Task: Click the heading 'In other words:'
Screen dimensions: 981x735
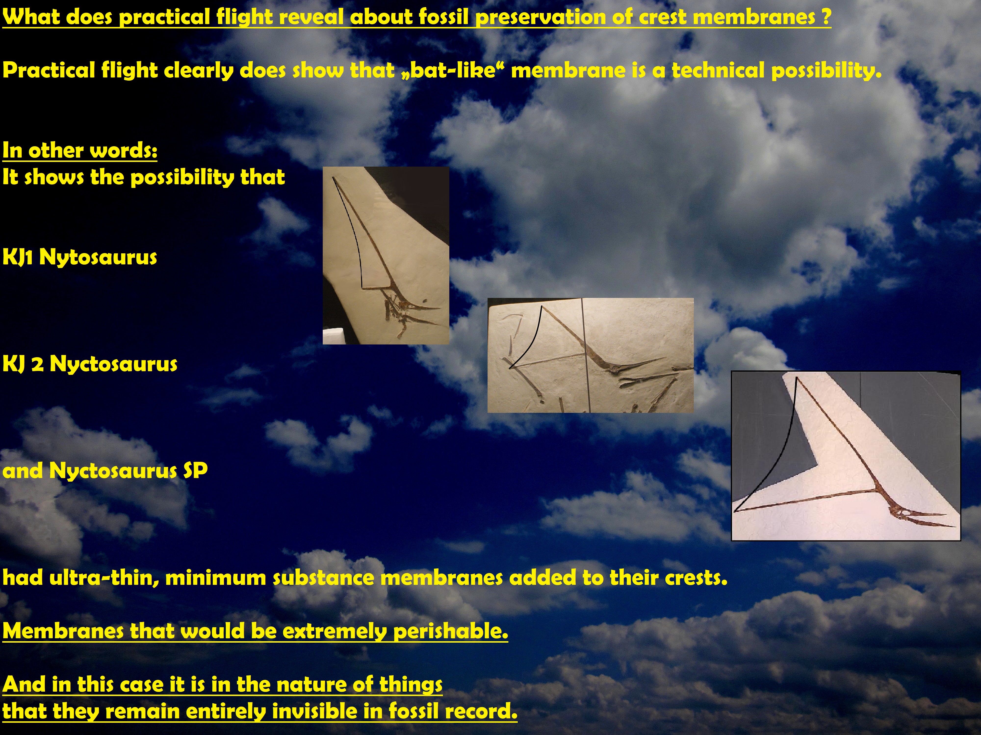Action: pyautogui.click(x=80, y=150)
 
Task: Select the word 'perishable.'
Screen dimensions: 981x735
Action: pyautogui.click(x=450, y=631)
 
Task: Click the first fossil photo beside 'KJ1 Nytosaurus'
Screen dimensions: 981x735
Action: pyautogui.click(x=386, y=256)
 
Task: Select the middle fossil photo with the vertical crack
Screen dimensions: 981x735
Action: pyautogui.click(x=590, y=355)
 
